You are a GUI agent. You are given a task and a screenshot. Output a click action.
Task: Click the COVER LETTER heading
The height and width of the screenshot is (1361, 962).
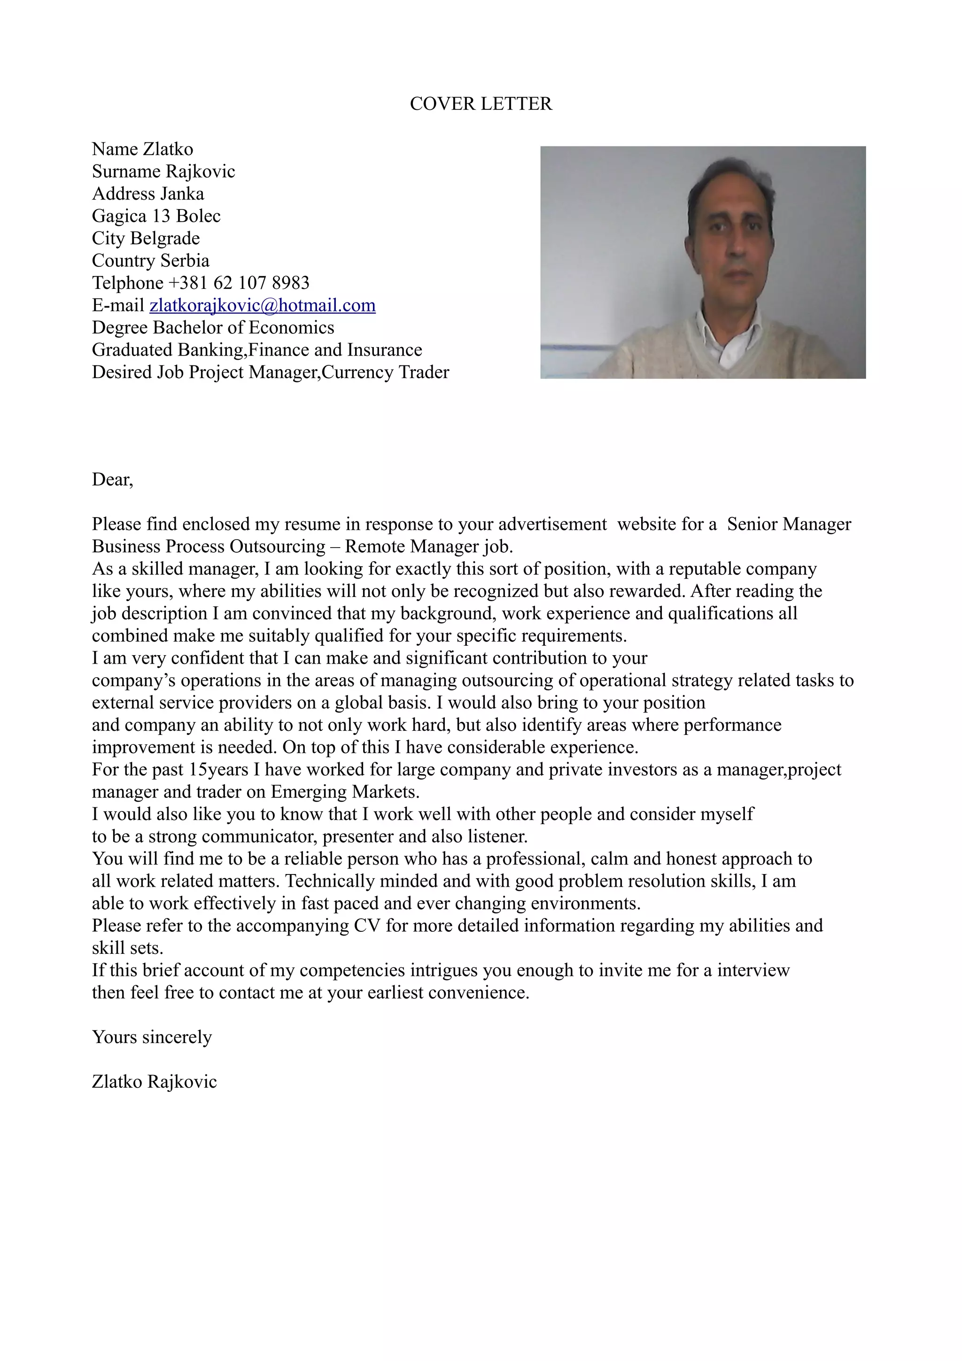click(x=481, y=104)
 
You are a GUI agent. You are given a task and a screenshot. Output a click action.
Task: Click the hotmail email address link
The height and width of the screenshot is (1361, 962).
click(x=262, y=305)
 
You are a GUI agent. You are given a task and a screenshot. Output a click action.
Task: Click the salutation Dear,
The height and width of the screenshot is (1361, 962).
click(x=113, y=479)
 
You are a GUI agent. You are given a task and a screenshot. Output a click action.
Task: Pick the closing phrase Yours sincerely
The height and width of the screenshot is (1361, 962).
click(x=152, y=1037)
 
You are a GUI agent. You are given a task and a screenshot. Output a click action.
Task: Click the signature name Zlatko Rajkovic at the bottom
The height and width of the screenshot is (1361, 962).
click(x=154, y=1081)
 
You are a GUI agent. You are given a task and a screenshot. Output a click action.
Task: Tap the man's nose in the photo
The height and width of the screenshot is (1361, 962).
click(x=736, y=249)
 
